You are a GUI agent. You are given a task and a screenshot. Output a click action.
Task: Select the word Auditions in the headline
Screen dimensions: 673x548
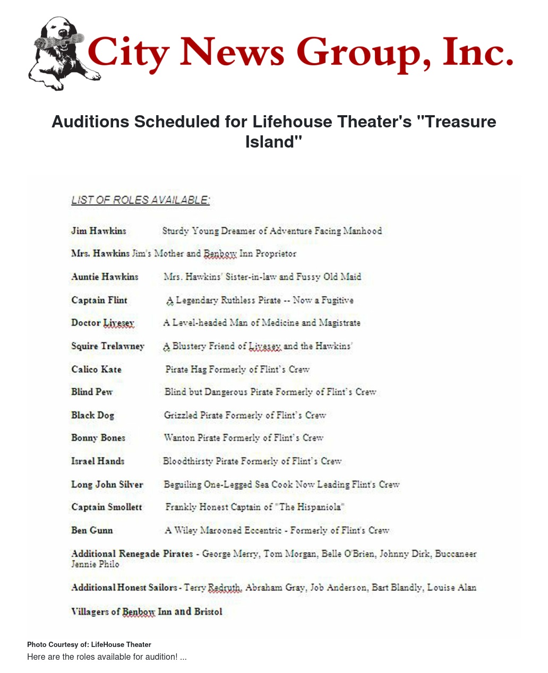[x=90, y=122]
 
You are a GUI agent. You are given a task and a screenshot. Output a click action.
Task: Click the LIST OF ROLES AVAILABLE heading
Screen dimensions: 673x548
[x=141, y=200]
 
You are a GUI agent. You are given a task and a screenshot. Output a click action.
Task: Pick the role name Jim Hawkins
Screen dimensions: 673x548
[x=99, y=231]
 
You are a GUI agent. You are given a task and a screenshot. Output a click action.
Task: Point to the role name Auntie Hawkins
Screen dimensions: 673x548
[x=105, y=277]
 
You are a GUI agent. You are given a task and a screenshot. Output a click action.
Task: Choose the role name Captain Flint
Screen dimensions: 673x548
[x=99, y=300]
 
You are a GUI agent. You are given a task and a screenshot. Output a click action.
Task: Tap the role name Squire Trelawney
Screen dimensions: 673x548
[x=108, y=346]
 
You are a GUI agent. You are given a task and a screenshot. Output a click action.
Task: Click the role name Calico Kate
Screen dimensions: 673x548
[x=96, y=369]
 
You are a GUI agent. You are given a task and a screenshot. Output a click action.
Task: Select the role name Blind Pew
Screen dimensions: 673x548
[x=92, y=392]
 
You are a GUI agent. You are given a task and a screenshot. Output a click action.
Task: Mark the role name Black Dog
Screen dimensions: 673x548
[x=92, y=415]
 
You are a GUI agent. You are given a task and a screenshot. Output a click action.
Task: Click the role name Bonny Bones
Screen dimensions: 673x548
[x=98, y=438]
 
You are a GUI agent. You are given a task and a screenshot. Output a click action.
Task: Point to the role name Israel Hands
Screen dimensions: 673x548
[x=98, y=461]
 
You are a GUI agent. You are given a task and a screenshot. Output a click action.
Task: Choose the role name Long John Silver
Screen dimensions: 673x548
[x=107, y=484]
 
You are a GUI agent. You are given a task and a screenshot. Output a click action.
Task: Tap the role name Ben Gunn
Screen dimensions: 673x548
[x=92, y=530]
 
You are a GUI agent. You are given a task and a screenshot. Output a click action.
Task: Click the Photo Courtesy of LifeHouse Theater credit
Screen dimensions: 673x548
[x=89, y=644]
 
